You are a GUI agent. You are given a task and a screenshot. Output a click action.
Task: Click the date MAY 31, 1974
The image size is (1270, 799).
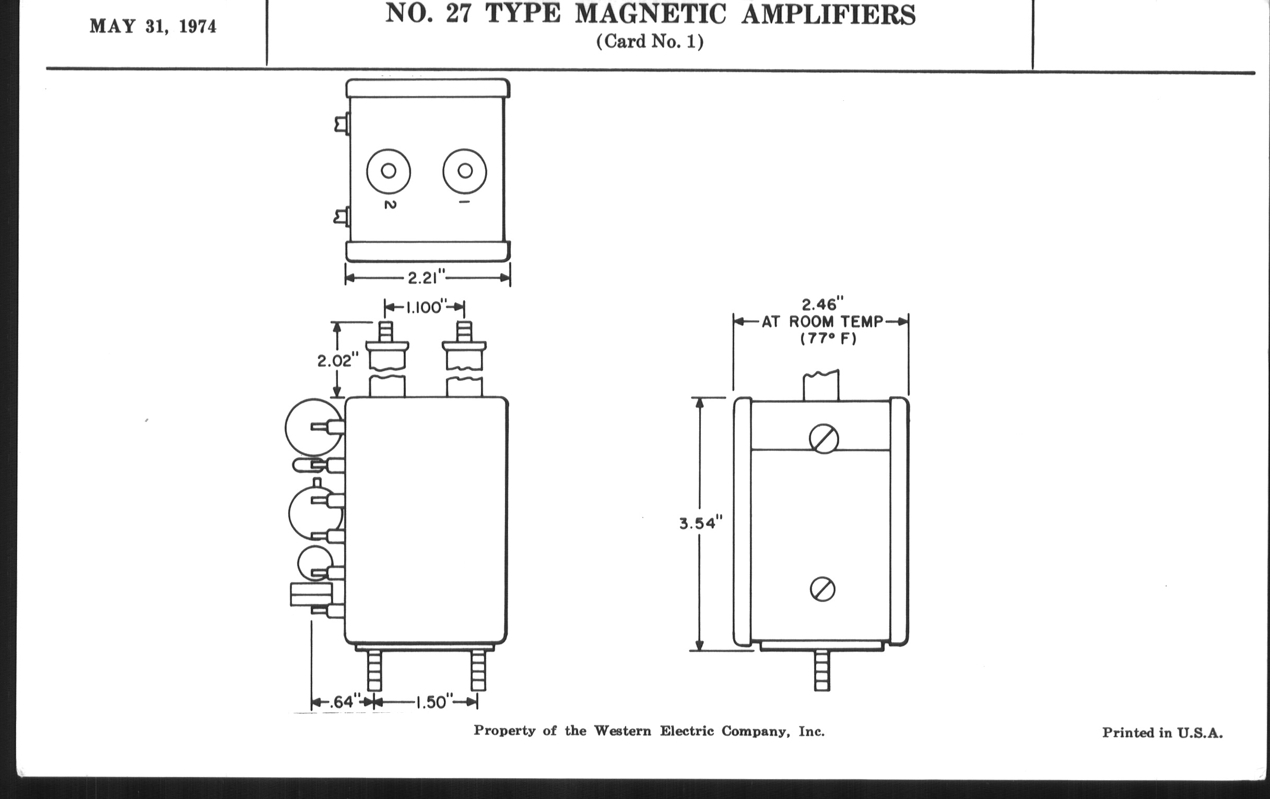point(153,26)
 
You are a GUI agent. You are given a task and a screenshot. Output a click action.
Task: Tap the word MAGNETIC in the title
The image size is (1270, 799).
point(650,14)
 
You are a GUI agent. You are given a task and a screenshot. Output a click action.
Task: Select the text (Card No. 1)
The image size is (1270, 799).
point(650,42)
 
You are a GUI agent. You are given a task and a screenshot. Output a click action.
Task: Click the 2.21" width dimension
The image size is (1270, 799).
point(426,277)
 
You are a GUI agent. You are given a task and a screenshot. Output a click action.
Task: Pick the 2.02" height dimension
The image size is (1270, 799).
point(337,361)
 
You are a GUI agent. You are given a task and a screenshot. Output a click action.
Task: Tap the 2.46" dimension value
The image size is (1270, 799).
point(822,305)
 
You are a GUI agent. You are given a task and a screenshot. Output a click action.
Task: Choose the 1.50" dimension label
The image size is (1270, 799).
point(433,702)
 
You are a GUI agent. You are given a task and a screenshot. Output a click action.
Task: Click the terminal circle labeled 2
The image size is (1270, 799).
point(389,171)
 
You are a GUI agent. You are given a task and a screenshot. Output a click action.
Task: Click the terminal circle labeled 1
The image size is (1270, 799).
point(465,171)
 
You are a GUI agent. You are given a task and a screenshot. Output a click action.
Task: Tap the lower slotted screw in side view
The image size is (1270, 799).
point(822,589)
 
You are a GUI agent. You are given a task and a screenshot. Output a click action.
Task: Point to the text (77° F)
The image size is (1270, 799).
point(828,338)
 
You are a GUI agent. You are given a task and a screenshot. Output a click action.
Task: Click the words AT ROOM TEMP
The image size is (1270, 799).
point(822,322)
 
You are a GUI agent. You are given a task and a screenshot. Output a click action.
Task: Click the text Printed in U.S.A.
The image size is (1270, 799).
point(1162,733)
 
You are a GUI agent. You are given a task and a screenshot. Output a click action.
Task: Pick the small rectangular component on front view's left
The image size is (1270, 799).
point(311,594)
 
